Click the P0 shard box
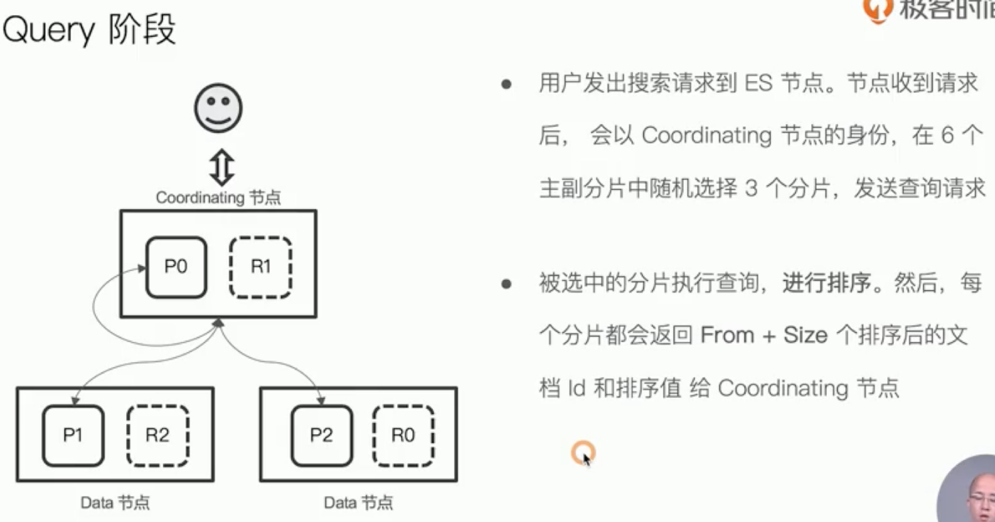176,267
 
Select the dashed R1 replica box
260,267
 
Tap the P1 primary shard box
73,435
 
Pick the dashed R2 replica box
158,435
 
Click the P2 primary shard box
321,435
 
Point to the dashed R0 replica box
403,435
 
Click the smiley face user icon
218,108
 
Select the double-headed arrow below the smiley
221,167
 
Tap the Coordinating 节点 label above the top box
218,198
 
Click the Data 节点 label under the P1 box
115,503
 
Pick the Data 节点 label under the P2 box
358,503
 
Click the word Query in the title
48,30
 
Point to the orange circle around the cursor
583,453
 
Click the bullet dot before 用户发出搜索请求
506,85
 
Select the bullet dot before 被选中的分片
506,284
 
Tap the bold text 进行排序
827,283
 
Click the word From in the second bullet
727,335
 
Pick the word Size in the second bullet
806,335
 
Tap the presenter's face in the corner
979,498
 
